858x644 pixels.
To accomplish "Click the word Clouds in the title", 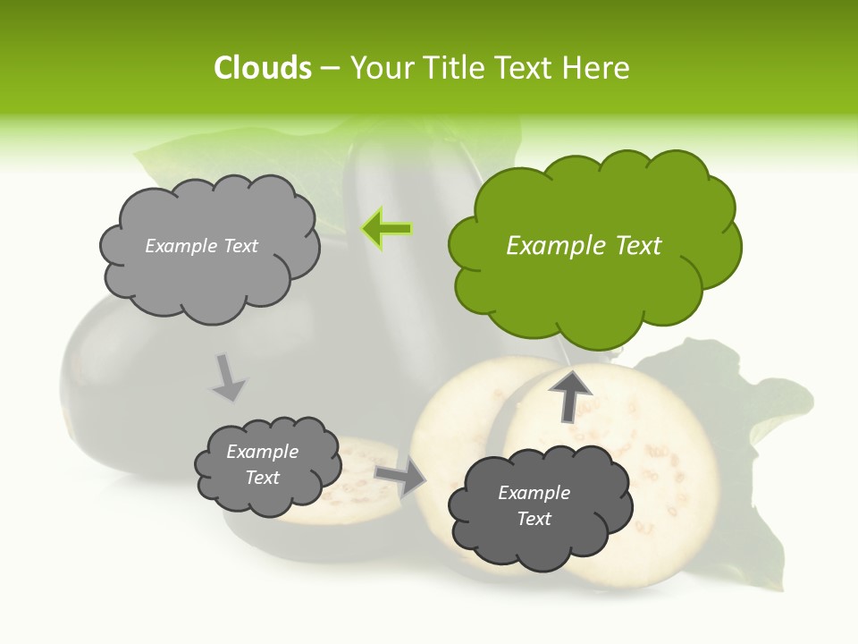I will click(x=262, y=68).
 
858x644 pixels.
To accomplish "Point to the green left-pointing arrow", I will click(x=386, y=229).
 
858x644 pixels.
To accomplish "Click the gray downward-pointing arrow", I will click(x=227, y=377).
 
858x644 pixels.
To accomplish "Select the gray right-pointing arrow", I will click(x=400, y=477).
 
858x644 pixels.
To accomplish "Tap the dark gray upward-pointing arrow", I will click(x=569, y=394).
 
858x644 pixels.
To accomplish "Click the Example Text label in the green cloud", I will click(x=584, y=246).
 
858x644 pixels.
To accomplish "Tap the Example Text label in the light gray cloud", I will click(x=201, y=246).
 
